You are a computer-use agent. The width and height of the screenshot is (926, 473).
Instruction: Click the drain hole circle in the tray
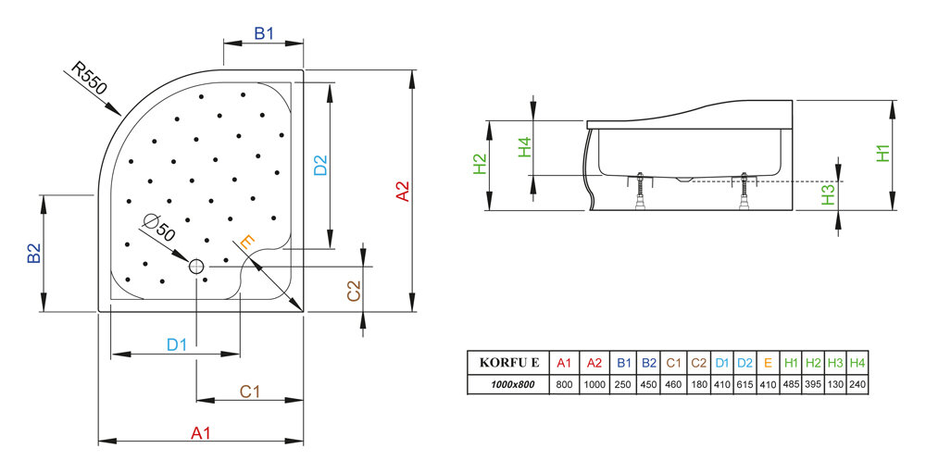point(196,267)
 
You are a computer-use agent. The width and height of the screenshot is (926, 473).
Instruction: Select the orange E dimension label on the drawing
point(247,243)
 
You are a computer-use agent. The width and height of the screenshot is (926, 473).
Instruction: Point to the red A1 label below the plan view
point(201,432)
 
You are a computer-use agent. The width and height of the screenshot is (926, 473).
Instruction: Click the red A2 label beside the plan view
point(403,191)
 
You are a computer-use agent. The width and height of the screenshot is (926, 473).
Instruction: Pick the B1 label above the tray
point(265,34)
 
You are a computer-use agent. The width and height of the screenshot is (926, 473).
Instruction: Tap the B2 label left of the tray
point(33,254)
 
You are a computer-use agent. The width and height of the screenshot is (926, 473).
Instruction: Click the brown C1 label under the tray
point(249,392)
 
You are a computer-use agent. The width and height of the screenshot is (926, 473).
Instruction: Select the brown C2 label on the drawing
point(353,291)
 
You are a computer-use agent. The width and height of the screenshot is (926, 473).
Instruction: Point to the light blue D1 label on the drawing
point(177,344)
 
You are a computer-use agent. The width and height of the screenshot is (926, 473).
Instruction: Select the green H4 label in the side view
point(524,147)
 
